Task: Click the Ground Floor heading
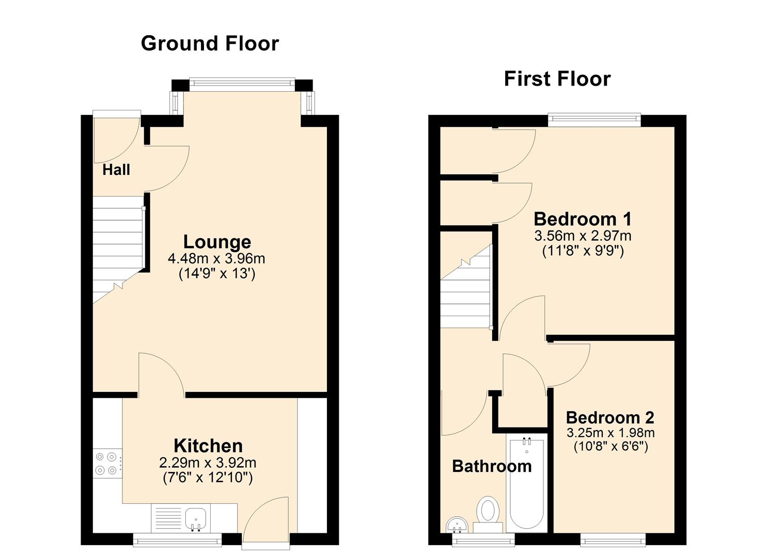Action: point(210,44)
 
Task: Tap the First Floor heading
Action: point(557,78)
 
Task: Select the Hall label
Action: point(116,170)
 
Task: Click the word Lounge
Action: point(217,242)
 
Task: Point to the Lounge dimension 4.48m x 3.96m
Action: point(216,258)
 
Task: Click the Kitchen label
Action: point(208,446)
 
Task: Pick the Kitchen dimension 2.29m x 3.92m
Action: point(208,463)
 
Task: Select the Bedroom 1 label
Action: point(583,219)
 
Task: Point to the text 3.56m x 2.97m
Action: point(583,236)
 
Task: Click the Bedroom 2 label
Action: point(610,418)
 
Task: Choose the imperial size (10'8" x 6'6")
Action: point(611,447)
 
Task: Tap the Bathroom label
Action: point(492,466)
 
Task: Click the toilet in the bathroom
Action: point(489,514)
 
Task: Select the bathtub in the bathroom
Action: point(527,483)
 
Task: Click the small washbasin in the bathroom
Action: point(457,525)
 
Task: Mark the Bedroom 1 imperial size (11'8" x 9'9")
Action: point(583,251)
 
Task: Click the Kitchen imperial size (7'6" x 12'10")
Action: point(208,478)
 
